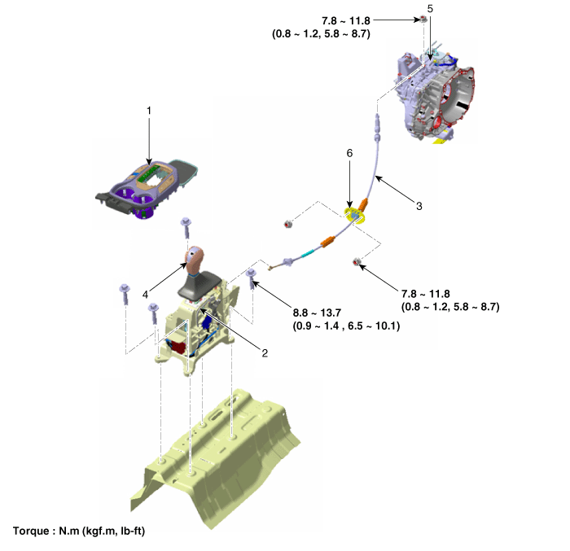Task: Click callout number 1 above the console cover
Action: (149, 111)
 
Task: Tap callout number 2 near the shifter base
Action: (265, 353)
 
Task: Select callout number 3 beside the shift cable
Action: (419, 206)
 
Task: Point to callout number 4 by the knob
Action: (146, 295)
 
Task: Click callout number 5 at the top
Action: (430, 9)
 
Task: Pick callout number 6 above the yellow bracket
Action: (349, 153)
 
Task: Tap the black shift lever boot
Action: (199, 286)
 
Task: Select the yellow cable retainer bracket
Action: (355, 215)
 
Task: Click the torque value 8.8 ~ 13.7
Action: (317, 313)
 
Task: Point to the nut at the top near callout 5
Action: (423, 19)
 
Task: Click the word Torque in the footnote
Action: (31, 531)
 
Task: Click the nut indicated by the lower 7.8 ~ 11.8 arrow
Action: (357, 261)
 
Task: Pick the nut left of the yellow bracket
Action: (288, 224)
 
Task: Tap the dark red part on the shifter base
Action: (178, 347)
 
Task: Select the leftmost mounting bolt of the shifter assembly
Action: (125, 295)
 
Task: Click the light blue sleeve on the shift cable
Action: (308, 253)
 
